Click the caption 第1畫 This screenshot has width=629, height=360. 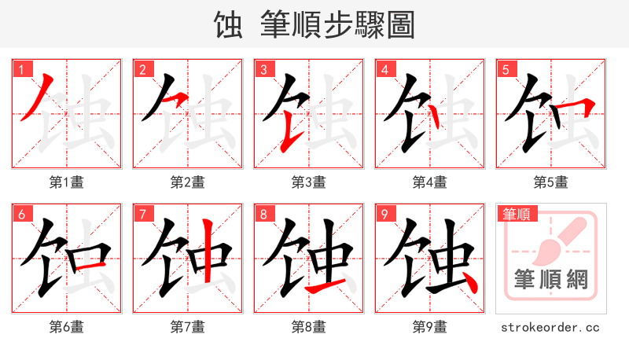67,182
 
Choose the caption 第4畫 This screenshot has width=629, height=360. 429,182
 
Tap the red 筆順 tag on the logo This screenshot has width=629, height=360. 516,214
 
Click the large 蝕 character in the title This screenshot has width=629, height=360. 228,25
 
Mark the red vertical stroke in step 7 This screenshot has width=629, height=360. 208,252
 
